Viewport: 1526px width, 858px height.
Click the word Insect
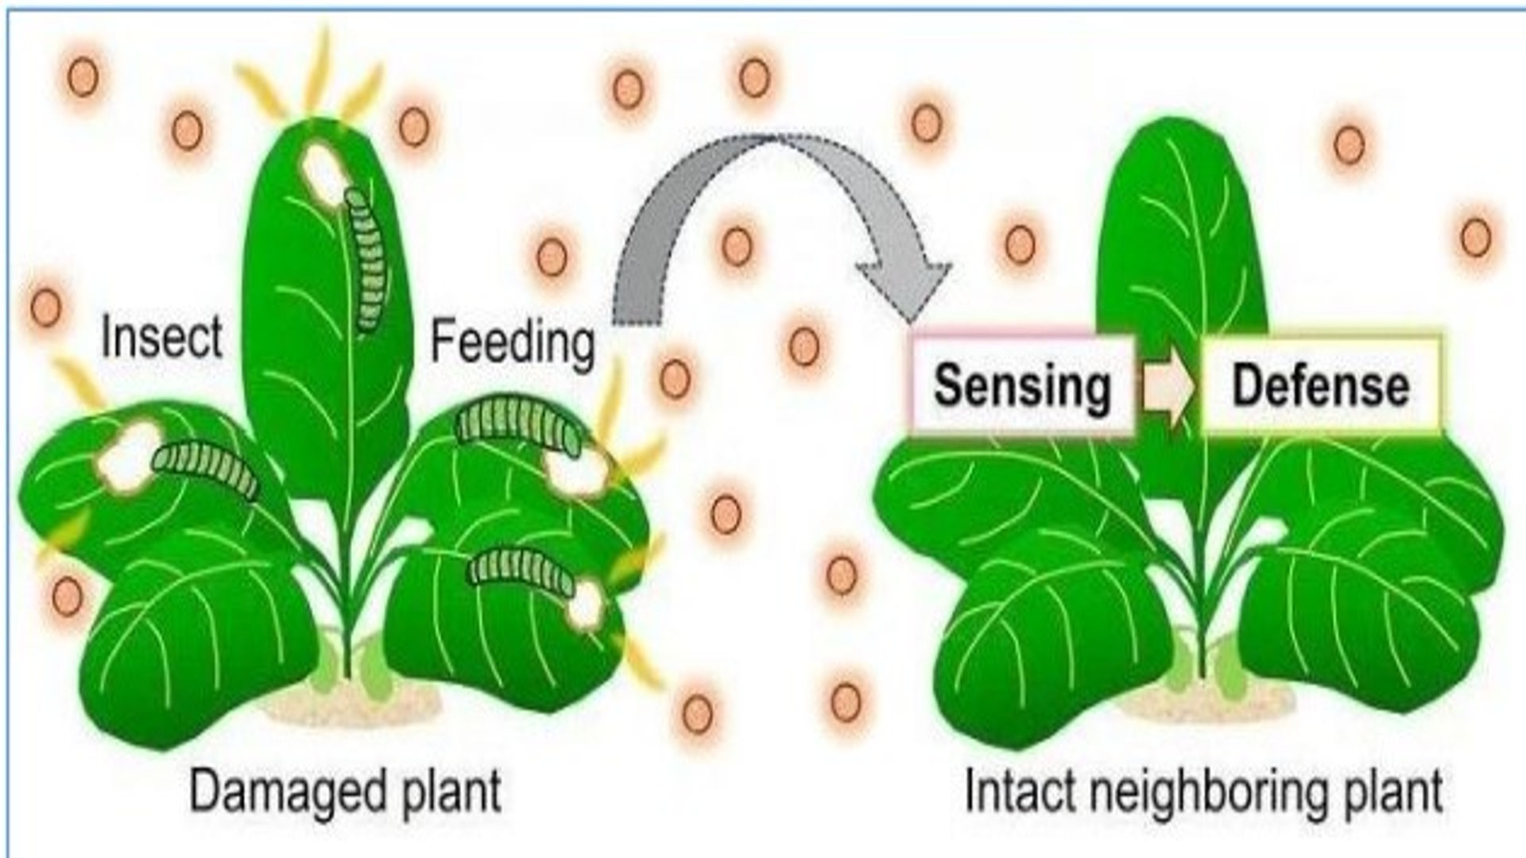161,337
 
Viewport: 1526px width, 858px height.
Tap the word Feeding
513,342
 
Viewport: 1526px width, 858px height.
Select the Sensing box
1022,386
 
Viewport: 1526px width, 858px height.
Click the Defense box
1320,386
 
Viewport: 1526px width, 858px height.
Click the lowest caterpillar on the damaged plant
521,570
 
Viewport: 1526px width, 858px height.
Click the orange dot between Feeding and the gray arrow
552,257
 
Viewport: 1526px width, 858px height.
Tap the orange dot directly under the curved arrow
737,245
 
